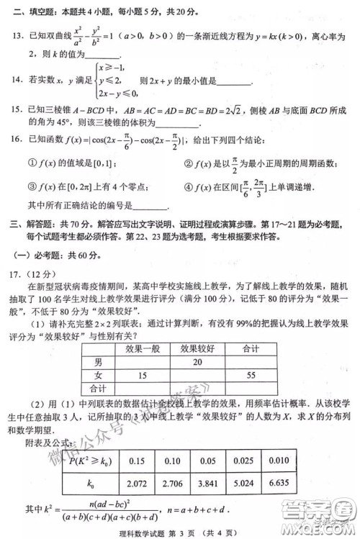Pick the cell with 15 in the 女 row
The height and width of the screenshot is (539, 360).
click(142, 376)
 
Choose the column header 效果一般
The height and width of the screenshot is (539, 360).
click(142, 349)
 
